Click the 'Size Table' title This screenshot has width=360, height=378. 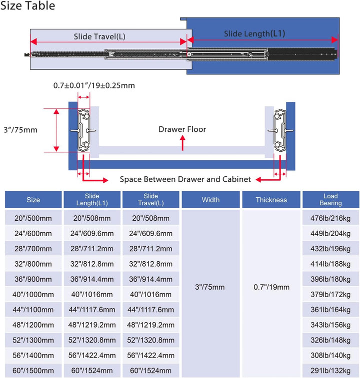coord(28,6)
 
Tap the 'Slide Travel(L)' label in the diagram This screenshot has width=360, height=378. coord(99,36)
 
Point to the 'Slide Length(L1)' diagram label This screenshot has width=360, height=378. coord(254,34)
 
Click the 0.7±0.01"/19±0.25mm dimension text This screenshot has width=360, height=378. coord(94,85)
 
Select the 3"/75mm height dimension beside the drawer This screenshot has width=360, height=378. coord(20,130)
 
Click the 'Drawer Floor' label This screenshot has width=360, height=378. coord(182,129)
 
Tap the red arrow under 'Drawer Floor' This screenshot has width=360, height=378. coord(183,143)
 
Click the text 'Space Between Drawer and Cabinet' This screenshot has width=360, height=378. coord(185,179)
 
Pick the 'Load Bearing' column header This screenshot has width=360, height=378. coord(330,199)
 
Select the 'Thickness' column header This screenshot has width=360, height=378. coord(271,200)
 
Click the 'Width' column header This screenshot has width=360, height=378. coord(211,200)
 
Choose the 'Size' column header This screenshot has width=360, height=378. coord(33,200)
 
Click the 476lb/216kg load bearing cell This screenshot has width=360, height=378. coord(330,218)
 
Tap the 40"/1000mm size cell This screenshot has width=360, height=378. coord(33,294)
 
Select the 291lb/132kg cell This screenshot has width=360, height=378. coord(330,371)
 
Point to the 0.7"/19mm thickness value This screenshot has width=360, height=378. coord(271,287)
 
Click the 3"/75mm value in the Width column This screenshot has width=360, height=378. coord(210,287)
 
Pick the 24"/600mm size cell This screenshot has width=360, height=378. coord(33,233)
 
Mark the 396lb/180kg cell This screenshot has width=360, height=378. coord(330,279)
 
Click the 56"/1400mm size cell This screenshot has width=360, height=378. coord(33,356)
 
